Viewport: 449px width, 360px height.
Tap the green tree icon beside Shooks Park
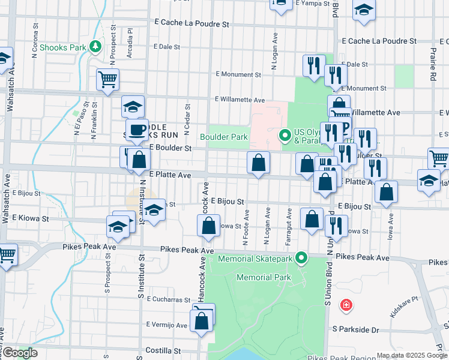pyautogui.click(x=95, y=46)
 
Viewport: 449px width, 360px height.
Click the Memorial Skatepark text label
pyautogui.click(x=256, y=259)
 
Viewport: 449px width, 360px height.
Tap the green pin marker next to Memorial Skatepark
pyautogui.click(x=303, y=258)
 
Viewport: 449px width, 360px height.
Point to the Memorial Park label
pyautogui.click(x=264, y=277)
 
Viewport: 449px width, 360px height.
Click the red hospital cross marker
pyautogui.click(x=346, y=306)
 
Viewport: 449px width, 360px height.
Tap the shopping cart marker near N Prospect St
pyautogui.click(x=108, y=79)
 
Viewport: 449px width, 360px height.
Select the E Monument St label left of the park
pyautogui.click(x=238, y=75)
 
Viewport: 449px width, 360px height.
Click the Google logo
pyautogui.click(x=19, y=353)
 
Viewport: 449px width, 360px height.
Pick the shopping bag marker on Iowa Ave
pyautogui.click(x=387, y=192)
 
